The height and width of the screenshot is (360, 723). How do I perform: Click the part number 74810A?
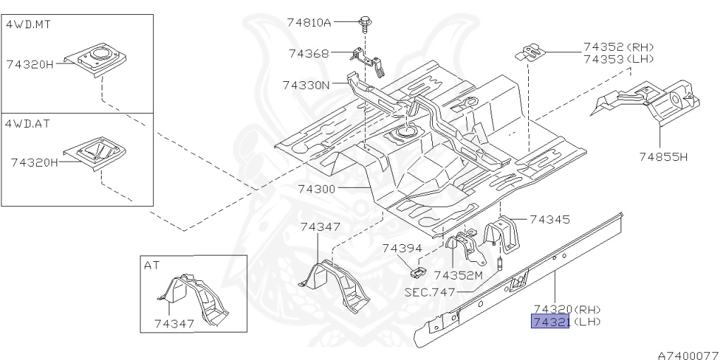tap(309, 22)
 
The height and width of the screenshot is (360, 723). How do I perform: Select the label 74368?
tap(309, 53)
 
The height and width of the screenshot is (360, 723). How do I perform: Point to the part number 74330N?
tap(306, 85)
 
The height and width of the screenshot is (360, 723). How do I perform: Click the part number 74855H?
tap(663, 156)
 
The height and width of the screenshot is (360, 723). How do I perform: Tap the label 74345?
tap(549, 220)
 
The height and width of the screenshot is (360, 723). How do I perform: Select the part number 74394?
tap(402, 248)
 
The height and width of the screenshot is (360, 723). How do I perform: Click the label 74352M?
tap(458, 275)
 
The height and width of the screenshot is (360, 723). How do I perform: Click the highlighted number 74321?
tap(550, 322)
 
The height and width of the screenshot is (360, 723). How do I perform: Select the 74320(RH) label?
tap(567, 308)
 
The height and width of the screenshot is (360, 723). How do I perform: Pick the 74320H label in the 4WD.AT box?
tap(34, 162)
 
